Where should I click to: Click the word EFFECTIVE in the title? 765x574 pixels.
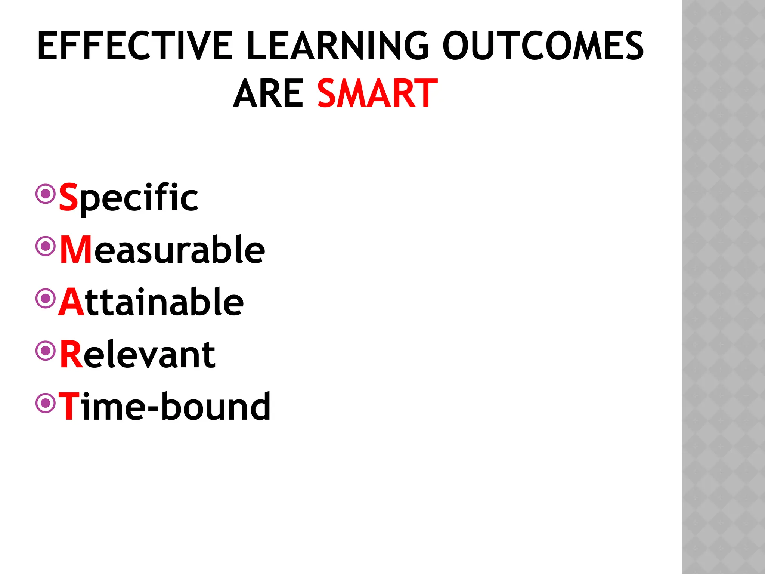[135, 46]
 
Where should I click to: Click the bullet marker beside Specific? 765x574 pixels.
[46, 194]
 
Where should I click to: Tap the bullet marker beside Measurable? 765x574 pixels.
[46, 246]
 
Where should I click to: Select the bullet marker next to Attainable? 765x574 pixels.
[46, 298]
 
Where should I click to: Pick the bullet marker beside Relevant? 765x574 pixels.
[46, 351]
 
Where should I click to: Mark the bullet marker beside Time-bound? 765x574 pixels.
[46, 403]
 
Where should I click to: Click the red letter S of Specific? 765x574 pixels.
[69, 197]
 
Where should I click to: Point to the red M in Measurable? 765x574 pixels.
[76, 250]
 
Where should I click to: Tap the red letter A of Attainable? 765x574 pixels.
[72, 302]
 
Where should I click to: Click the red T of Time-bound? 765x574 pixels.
[69, 407]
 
